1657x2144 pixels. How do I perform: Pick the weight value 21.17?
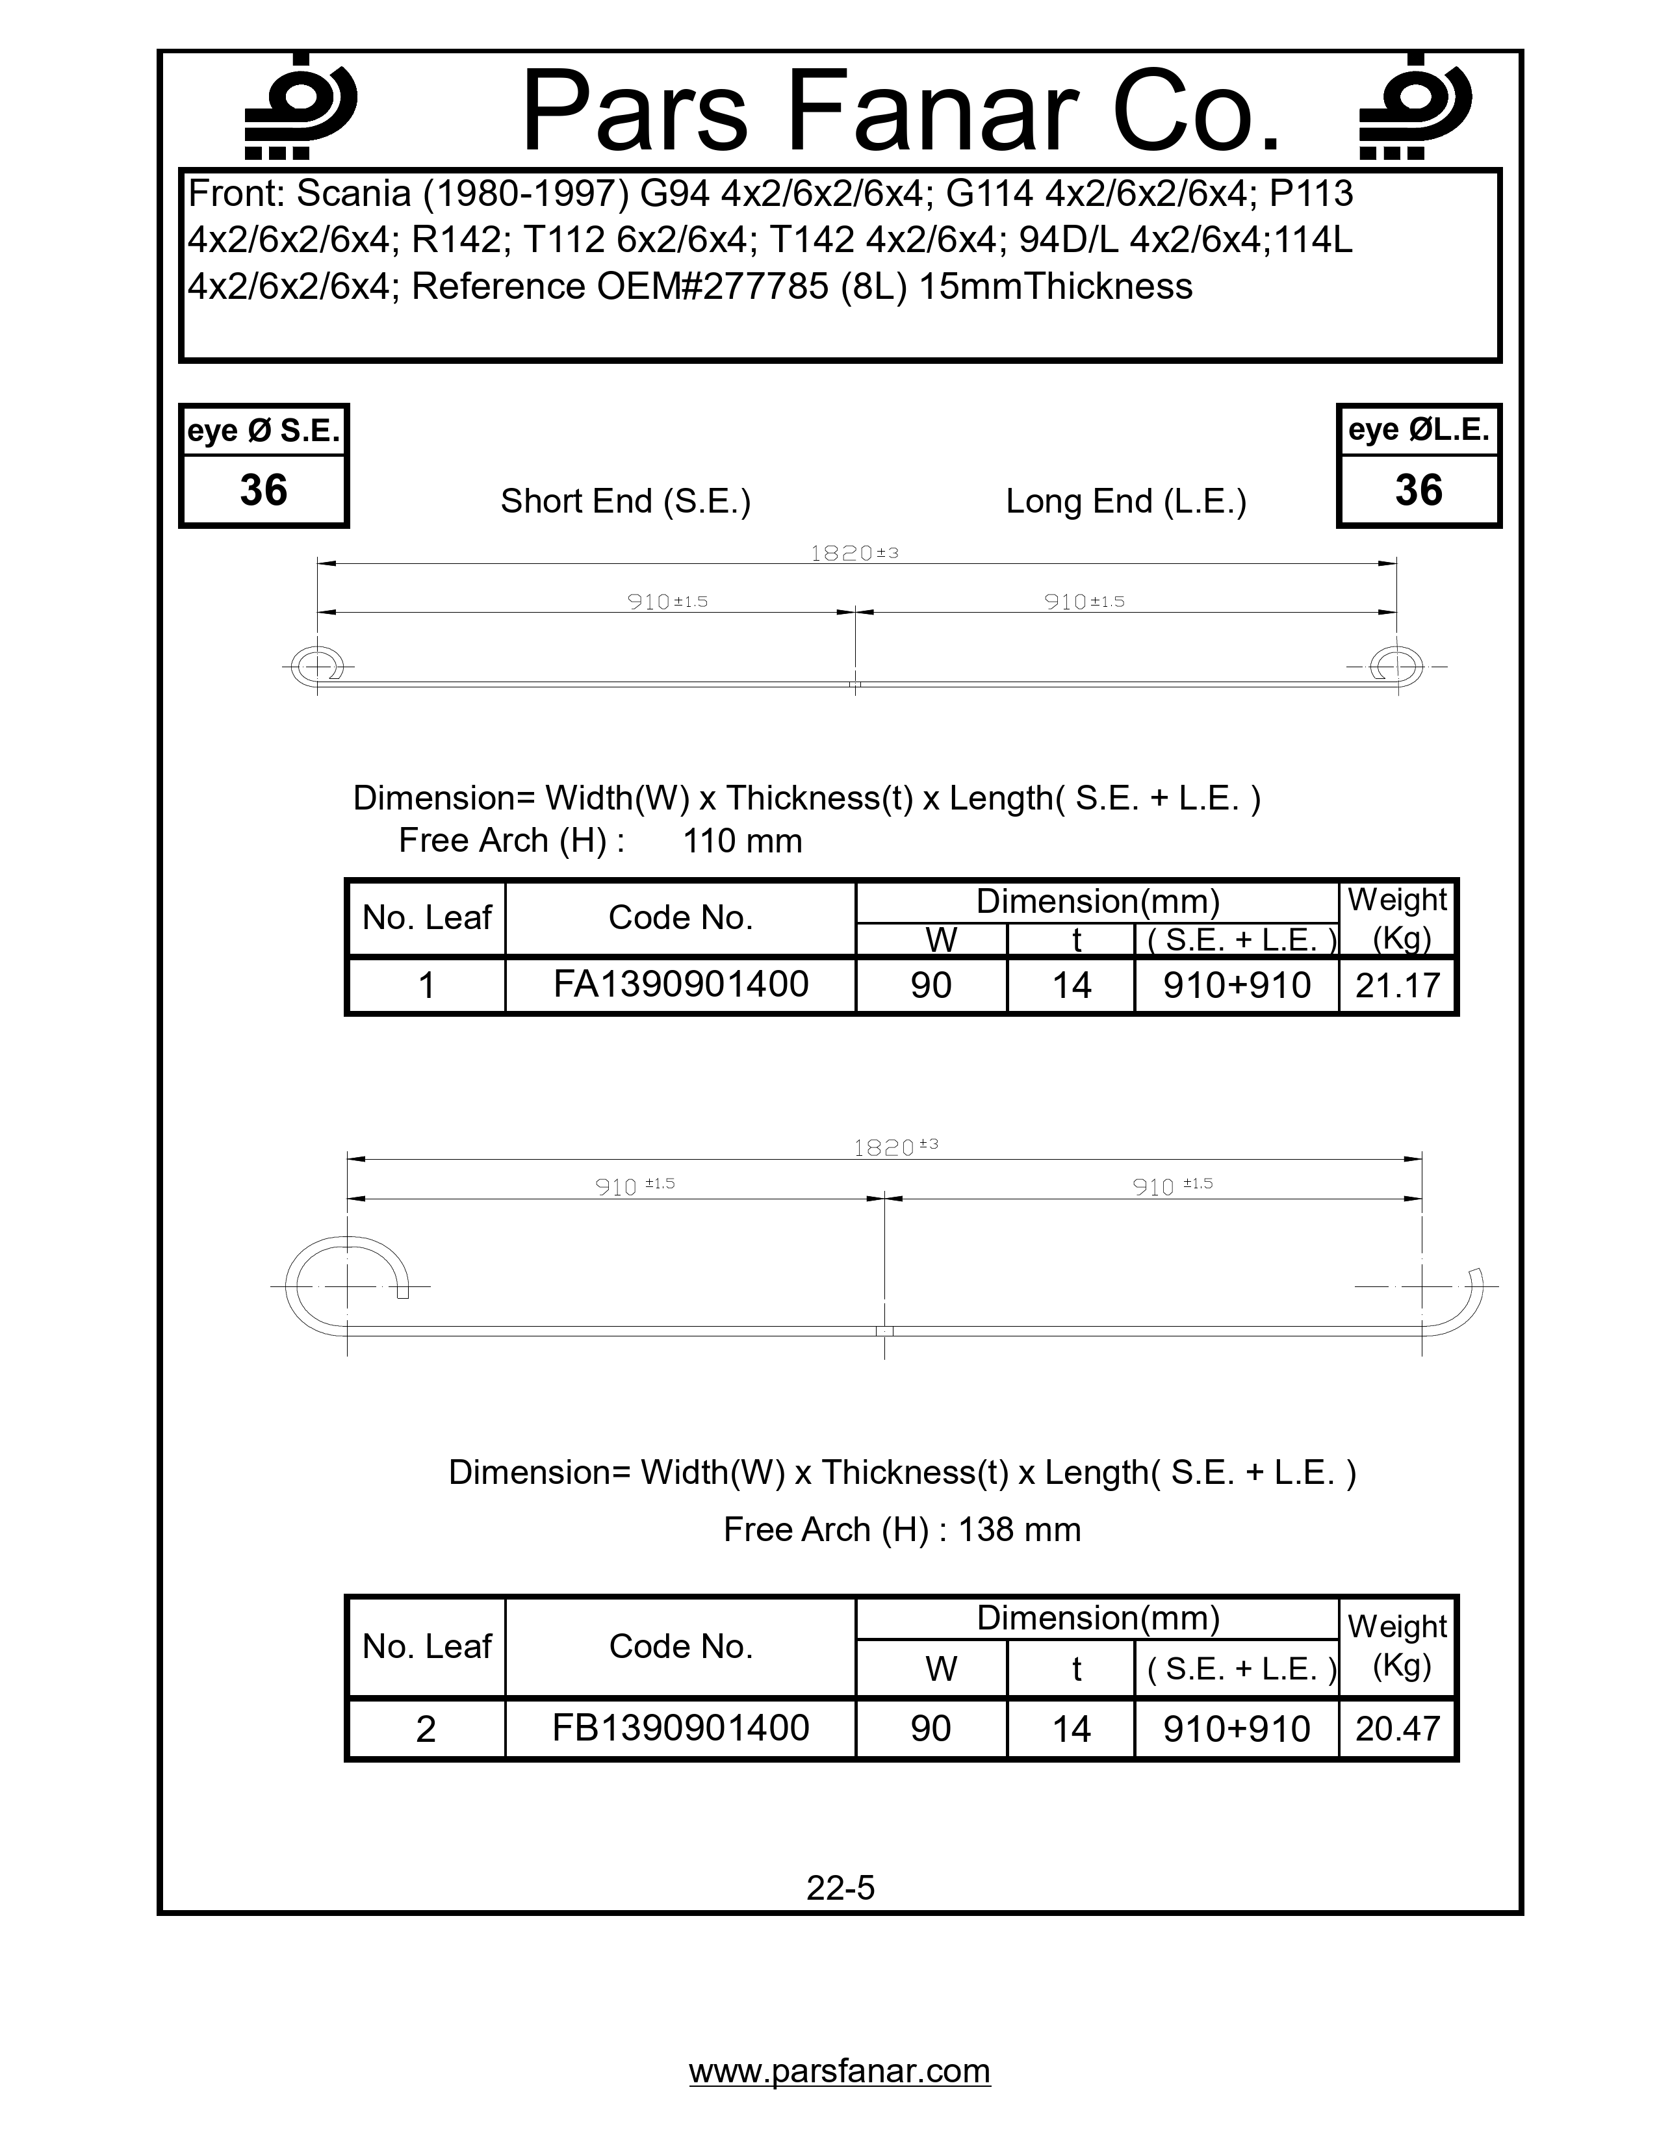click(x=1397, y=985)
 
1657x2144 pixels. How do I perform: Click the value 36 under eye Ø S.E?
click(x=263, y=490)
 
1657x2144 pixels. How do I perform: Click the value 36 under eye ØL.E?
click(x=1419, y=490)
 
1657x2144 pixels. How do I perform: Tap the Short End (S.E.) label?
click(x=625, y=502)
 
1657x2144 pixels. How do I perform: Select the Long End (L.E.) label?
click(x=1126, y=502)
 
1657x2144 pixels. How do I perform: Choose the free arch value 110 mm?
click(x=742, y=841)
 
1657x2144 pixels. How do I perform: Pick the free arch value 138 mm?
click(x=1019, y=1529)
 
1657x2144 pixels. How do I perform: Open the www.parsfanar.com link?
click(x=840, y=2071)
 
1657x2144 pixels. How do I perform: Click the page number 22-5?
click(x=840, y=1888)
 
